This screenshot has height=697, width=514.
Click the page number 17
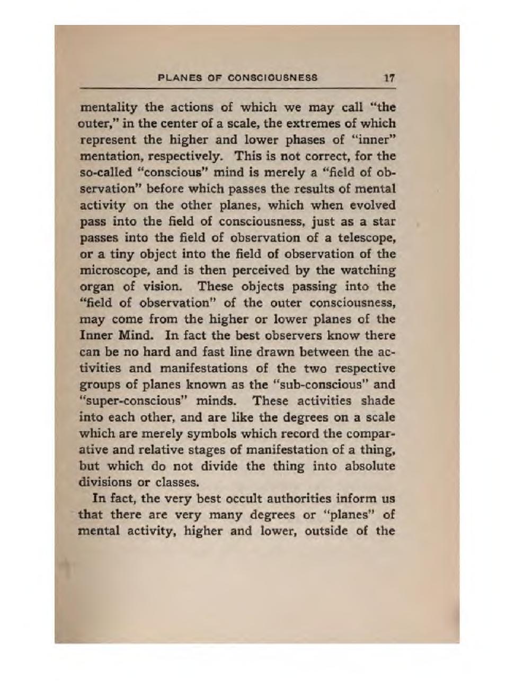[x=389, y=78]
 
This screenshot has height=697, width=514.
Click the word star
[x=385, y=221]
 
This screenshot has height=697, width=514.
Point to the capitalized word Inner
[x=94, y=336]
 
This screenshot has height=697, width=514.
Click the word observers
[x=293, y=336]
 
